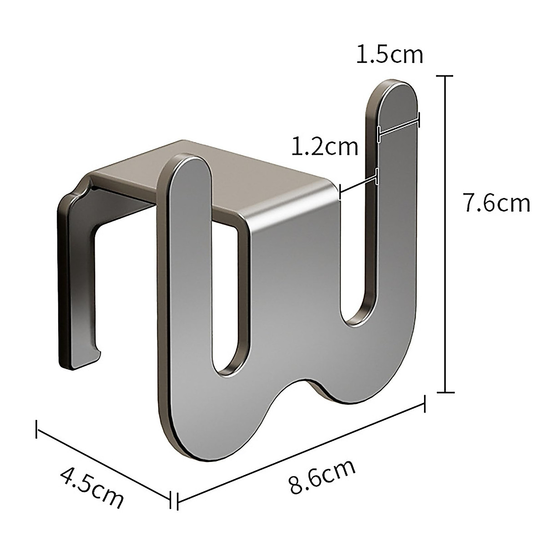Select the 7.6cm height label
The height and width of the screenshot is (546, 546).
(496, 203)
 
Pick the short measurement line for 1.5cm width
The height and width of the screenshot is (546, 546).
(398, 126)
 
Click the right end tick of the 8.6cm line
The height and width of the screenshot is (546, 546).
(425, 404)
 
